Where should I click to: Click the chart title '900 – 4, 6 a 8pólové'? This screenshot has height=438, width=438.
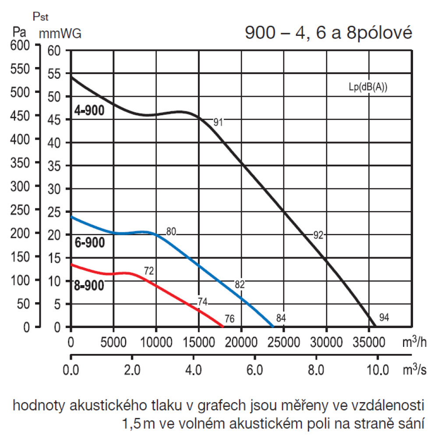click(328, 34)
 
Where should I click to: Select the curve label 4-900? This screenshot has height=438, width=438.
click(89, 111)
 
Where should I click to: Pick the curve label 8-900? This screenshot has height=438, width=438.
click(89, 286)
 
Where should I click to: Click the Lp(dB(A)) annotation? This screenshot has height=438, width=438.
click(368, 87)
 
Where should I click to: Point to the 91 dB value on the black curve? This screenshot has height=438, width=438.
click(218, 123)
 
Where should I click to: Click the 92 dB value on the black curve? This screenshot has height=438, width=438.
click(318, 235)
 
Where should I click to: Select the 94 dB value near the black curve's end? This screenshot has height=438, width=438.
click(384, 318)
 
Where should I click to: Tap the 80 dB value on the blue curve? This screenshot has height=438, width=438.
click(171, 232)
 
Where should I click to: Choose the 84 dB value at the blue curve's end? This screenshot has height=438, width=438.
click(281, 318)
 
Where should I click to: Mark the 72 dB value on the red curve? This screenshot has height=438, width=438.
click(149, 271)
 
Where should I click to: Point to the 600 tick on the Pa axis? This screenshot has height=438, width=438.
click(20, 45)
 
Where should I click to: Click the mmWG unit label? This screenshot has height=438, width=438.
click(60, 34)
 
